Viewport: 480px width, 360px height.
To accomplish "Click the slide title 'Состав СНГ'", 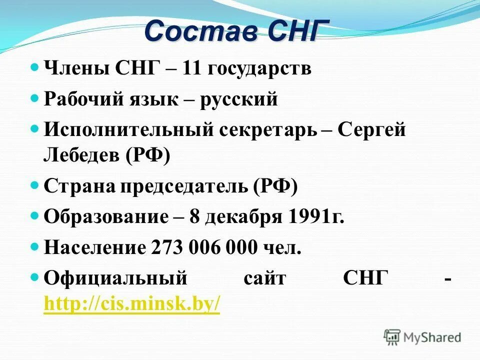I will [x=237, y=31].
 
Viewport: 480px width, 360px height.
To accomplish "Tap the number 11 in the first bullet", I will [x=191, y=68].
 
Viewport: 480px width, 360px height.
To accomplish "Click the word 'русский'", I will [x=238, y=99].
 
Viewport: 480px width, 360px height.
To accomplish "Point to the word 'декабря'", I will [x=243, y=217].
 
